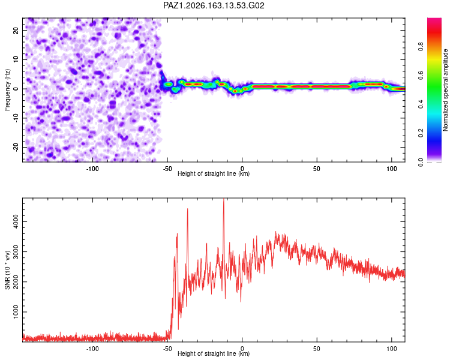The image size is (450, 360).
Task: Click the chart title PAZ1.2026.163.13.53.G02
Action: pyautogui.click(x=214, y=5)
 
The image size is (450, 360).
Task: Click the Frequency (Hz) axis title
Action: pyautogui.click(x=7, y=90)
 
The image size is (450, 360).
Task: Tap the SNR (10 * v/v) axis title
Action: pyautogui.click(x=7, y=270)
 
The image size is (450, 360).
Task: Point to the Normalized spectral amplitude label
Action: pyautogui.click(x=445, y=90)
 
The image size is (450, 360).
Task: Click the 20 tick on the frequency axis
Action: pyautogui.click(x=16, y=30)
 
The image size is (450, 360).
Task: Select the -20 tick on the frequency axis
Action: pyautogui.click(x=16, y=148)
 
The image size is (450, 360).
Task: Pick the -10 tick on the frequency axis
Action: pyautogui.click(x=16, y=118)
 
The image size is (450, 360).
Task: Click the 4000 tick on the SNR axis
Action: pyautogui.click(x=16, y=221)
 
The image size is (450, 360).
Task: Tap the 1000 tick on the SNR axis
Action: pyautogui.click(x=16, y=312)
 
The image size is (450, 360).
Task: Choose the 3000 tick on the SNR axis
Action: pyautogui.click(x=16, y=252)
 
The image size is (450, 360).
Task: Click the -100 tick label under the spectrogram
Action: pyautogui.click(x=92, y=169)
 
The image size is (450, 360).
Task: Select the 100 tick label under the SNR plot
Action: pyautogui.click(x=392, y=349)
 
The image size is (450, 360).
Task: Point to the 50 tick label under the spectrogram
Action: pyautogui.click(x=317, y=169)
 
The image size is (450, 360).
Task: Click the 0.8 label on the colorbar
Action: pyautogui.click(x=421, y=46)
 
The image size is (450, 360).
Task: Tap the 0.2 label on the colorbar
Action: pyautogui.click(x=421, y=133)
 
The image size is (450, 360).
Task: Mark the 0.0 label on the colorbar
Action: pyautogui.click(x=421, y=162)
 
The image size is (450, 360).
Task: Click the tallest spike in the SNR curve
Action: pyautogui.click(x=224, y=199)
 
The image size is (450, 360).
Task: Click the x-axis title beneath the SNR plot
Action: pyautogui.click(x=214, y=353)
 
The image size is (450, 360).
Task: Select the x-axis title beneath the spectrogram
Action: pyautogui.click(x=214, y=173)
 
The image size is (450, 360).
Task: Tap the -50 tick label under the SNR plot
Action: pyautogui.click(x=167, y=349)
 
